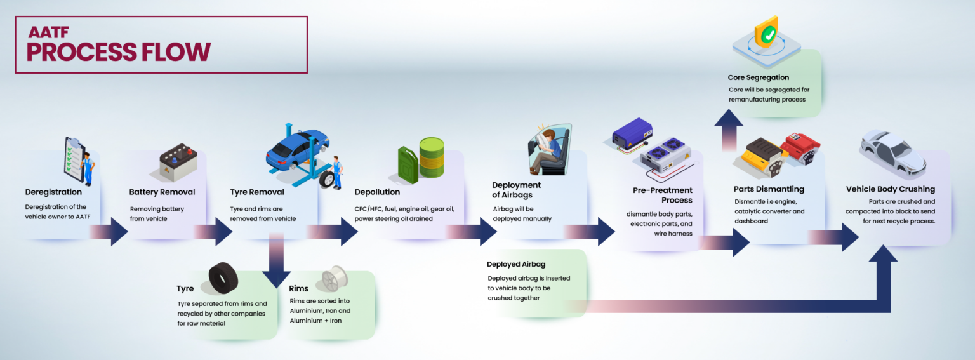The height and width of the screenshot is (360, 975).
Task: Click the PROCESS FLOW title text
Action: tap(118, 51)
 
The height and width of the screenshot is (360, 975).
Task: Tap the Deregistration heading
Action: tap(53, 192)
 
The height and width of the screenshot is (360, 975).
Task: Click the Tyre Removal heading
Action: tap(257, 192)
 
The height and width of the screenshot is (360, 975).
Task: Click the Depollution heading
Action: tap(377, 192)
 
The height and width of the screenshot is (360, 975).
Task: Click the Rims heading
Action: tap(298, 289)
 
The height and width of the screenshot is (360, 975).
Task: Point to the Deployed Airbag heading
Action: tap(516, 264)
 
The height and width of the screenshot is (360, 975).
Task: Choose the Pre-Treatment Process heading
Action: tap(662, 195)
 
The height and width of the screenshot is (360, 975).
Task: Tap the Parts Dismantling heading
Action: tap(769, 189)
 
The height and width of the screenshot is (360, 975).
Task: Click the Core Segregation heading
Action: tap(759, 77)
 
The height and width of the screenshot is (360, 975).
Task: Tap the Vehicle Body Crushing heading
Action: tap(890, 189)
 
